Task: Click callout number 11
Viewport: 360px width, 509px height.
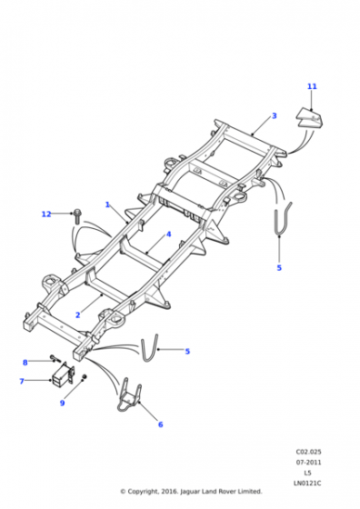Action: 312,86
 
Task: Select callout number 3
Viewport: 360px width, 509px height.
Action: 275,115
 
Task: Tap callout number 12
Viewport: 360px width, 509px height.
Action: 46,214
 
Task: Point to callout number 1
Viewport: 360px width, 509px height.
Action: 107,205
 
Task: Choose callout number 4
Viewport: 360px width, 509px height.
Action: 168,235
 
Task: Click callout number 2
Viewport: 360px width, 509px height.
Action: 77,314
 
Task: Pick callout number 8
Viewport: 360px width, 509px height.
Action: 25,363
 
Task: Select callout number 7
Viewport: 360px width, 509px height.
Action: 22,381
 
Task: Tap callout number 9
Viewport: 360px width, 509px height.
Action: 62,403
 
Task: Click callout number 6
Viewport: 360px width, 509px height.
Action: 160,424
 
